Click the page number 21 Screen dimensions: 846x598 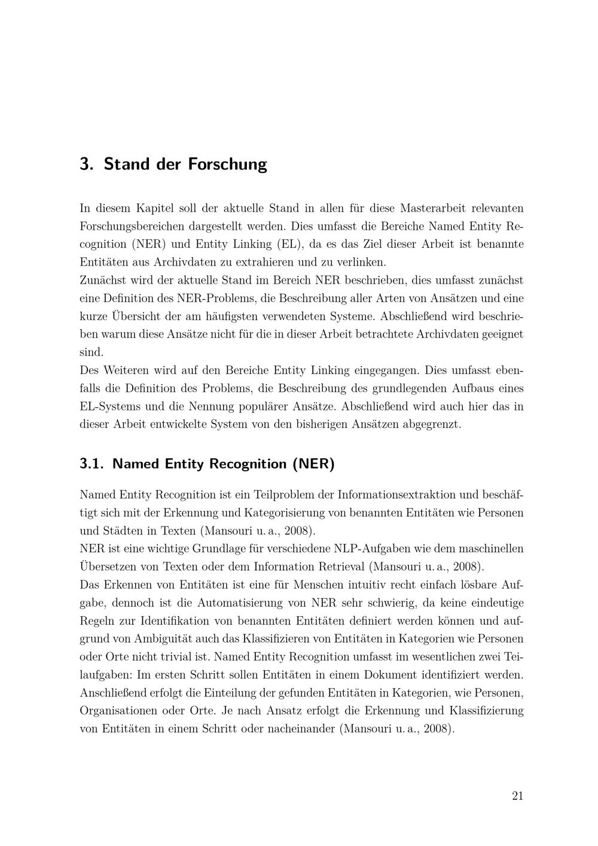pos(517,796)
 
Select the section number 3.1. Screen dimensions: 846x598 pos(92,464)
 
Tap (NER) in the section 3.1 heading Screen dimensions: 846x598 pos(313,464)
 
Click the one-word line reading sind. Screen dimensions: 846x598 pos(91,352)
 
